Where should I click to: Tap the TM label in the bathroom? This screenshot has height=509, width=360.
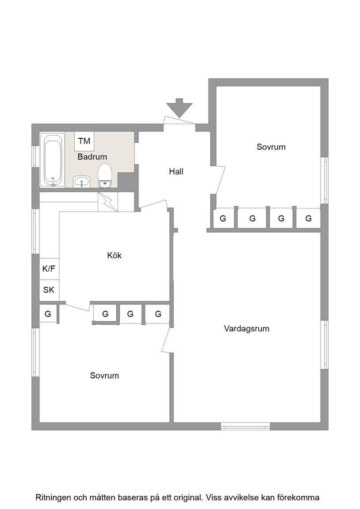coord(84,141)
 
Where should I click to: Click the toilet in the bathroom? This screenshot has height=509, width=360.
coord(105,175)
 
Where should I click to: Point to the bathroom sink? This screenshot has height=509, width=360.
coord(81,181)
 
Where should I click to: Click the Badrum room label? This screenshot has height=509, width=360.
coord(92,157)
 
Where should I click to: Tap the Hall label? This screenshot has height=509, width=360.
coord(176,171)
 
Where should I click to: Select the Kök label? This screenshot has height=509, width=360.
coord(115,255)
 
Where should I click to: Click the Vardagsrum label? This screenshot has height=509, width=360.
coord(247,329)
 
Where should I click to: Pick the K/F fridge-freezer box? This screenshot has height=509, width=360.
coord(49,269)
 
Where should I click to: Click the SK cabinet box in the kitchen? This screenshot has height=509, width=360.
coord(49,289)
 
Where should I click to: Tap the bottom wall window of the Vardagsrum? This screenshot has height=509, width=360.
coord(245,426)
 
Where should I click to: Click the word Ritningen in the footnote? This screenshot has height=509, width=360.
coord(53,498)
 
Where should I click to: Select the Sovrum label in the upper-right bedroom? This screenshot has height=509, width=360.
coord(271,147)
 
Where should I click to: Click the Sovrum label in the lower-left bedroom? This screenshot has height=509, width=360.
coord(104,376)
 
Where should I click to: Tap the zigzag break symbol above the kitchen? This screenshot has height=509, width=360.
coord(107,202)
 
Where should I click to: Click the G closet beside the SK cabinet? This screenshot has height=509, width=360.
coord(48,314)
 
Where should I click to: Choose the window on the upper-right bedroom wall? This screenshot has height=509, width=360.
coord(324,180)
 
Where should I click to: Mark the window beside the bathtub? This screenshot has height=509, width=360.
coord(35,156)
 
